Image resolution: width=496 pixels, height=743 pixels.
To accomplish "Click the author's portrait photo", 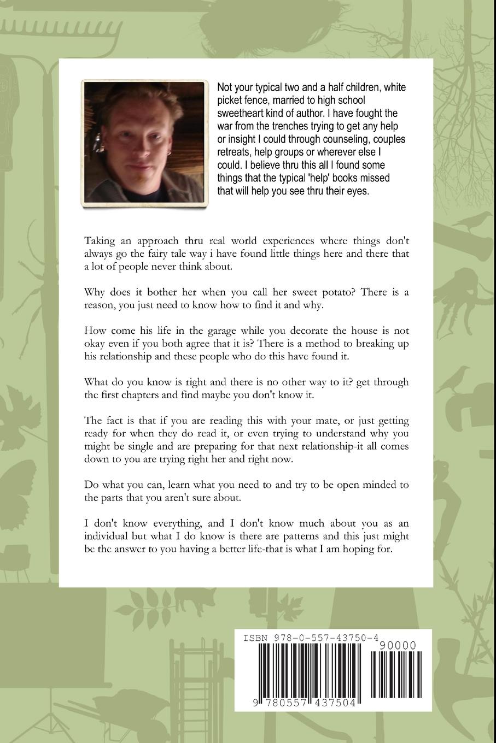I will (144, 144).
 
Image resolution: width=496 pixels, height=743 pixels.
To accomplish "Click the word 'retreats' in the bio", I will (235, 152).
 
